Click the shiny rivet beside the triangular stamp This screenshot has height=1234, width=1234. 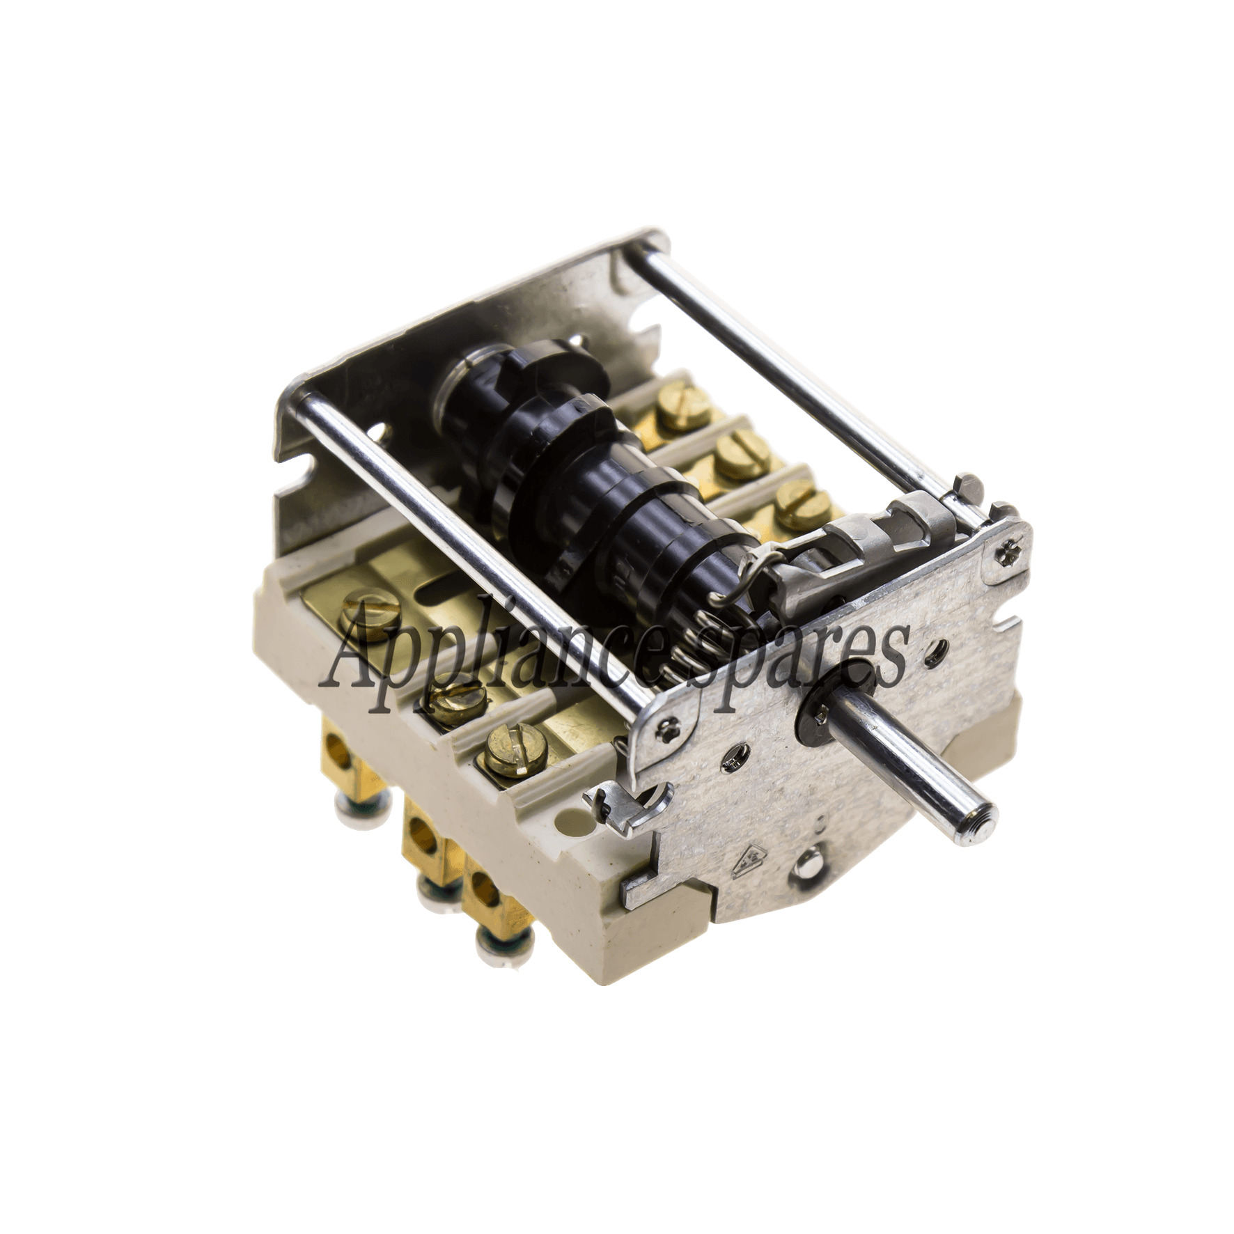pos(811,868)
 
